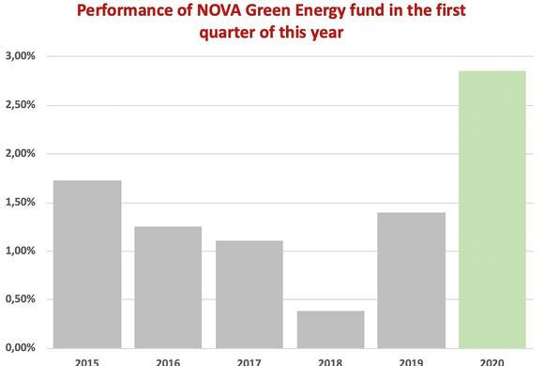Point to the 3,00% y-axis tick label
(x=20, y=56)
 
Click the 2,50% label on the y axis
(x=20, y=105)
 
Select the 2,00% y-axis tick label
(x=20, y=154)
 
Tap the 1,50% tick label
(x=20, y=203)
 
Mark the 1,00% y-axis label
(x=20, y=252)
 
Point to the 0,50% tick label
(x=20, y=300)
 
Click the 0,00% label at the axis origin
(x=20, y=348)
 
